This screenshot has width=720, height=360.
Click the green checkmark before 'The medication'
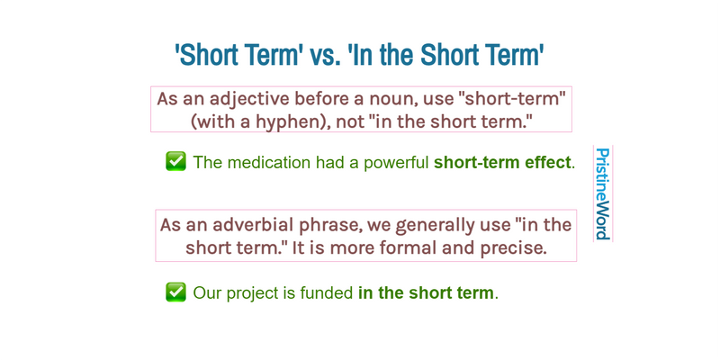click(175, 162)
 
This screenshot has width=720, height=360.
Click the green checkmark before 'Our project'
click(175, 292)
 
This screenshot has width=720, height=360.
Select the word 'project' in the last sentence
click(256, 293)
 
